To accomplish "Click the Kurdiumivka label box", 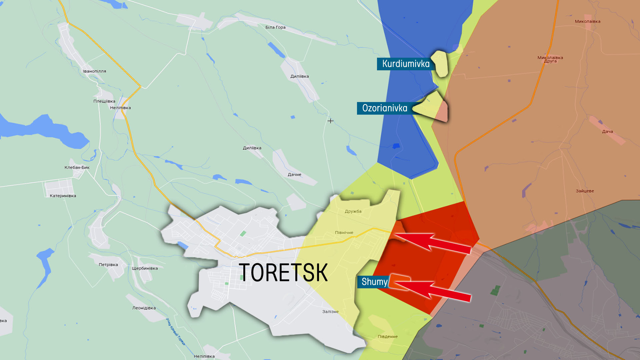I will [x=405, y=64].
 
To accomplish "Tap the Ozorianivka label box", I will [x=385, y=108].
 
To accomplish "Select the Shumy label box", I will [x=374, y=282].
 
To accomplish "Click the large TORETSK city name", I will [x=283, y=273].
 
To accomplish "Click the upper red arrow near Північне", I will [x=433, y=242].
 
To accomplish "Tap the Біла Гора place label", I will [x=275, y=27].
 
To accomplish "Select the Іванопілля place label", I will [x=94, y=71].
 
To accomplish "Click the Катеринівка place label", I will [x=63, y=196].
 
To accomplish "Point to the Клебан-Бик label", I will [x=77, y=168].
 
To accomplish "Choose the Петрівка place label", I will [x=108, y=265].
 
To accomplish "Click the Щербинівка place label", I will [x=145, y=269].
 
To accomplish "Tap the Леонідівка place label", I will [x=144, y=308].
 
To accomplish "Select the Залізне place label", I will [x=330, y=312].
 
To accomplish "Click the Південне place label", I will [x=388, y=337].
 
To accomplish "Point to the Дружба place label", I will [x=353, y=211].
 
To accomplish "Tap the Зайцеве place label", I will [x=585, y=191].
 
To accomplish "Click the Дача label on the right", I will [x=607, y=132].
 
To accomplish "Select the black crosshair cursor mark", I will [x=330, y=121].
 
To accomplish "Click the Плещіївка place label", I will [x=104, y=101].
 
